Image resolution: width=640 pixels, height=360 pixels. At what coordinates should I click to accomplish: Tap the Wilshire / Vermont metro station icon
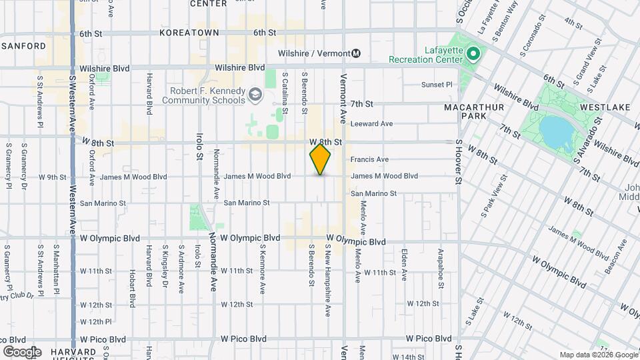pos(356,53)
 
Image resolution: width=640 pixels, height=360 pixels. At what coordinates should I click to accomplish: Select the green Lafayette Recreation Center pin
pos(473,53)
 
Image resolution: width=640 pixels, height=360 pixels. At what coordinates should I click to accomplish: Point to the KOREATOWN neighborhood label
pos(185,32)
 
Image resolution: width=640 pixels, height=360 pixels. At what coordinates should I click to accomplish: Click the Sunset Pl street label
pos(437,85)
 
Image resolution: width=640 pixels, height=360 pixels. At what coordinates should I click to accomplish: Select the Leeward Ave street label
pos(372,123)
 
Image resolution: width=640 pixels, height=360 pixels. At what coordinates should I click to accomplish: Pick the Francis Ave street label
pos(369,159)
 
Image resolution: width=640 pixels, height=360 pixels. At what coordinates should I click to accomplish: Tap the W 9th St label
pos(53,177)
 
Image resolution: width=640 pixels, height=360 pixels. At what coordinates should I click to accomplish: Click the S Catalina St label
pos(285,92)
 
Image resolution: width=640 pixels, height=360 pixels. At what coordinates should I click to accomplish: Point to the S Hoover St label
pos(459,162)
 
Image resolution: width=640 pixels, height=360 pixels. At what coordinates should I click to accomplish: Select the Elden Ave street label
pos(404,264)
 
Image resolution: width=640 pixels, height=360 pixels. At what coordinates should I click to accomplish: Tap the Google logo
pos(22,351)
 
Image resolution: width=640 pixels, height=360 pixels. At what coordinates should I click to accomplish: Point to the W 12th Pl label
pos(95,321)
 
